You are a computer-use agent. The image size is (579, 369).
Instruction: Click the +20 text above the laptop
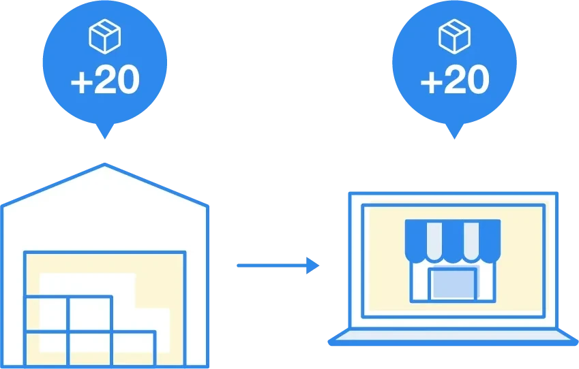pos(454,80)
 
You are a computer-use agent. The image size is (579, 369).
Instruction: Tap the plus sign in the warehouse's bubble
pos(82,81)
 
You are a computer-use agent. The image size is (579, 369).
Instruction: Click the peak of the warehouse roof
pos(104,166)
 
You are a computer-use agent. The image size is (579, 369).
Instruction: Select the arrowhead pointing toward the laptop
pos(312,265)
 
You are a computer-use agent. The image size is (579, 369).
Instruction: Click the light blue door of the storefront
pos(453,284)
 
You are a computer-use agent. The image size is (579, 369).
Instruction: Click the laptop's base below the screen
pos(453,338)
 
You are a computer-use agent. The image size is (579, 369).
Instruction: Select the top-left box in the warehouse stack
pos(46,314)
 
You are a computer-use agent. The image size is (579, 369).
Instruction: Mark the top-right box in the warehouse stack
pos(89,314)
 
